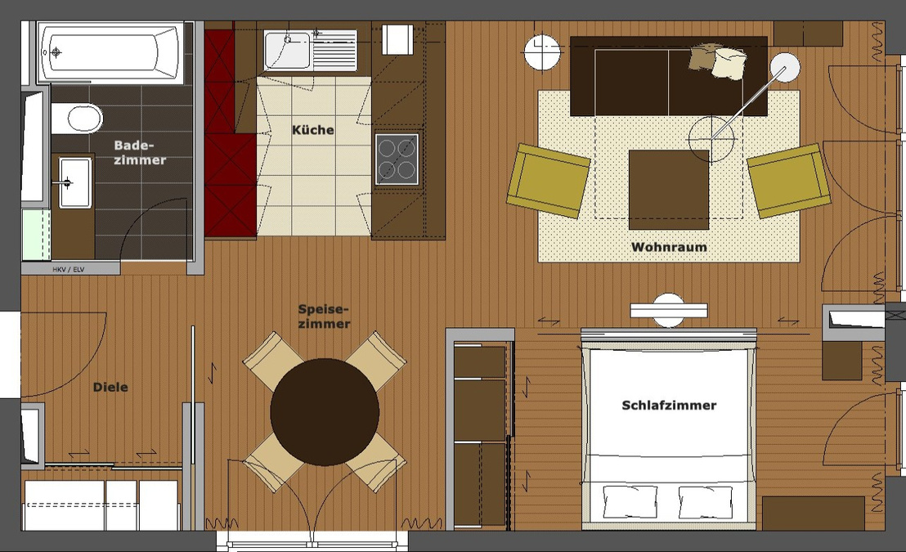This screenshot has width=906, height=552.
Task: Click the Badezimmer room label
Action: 139,152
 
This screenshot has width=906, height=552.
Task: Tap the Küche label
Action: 312,130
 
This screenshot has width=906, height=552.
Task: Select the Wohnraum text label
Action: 669,247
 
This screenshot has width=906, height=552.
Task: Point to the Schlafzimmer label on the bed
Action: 669,405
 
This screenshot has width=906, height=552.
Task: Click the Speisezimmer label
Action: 324,316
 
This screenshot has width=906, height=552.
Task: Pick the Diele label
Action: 110,387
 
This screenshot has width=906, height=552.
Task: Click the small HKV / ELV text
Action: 70,268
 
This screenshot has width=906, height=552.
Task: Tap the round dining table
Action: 325,411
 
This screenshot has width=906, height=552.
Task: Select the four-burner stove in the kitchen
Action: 397,159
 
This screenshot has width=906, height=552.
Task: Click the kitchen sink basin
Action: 287,50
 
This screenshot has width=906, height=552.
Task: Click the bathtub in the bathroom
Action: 110,52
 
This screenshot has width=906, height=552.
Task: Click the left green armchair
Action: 548,181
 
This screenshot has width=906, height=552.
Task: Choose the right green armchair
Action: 788,181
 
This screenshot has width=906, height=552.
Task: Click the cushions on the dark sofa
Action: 718,61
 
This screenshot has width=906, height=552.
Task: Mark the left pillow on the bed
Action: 630,501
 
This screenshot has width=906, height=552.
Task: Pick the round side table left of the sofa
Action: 542,52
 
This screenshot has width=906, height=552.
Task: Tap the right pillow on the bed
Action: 706,501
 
